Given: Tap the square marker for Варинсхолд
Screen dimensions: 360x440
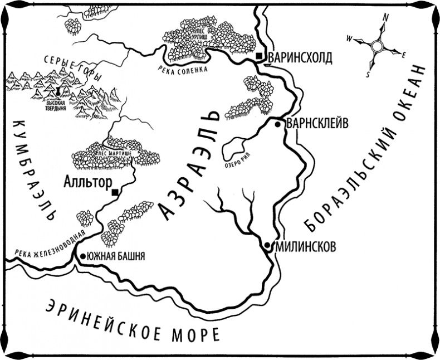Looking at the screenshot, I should (260, 57).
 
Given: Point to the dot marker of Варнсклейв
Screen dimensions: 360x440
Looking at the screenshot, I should (277, 124).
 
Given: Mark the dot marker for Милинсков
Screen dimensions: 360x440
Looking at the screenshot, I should (268, 245).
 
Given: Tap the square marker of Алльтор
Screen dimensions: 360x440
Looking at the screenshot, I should (115, 193).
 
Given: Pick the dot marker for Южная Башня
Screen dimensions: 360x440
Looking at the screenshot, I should (83, 256).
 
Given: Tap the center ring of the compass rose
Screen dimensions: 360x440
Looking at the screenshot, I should (377, 46).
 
